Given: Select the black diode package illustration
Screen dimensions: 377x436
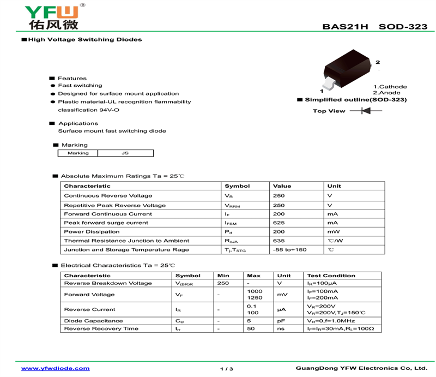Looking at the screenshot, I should click(348, 70).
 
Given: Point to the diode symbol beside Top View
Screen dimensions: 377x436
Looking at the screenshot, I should click(365, 111).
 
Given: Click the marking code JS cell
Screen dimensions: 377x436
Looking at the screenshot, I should click(125, 153).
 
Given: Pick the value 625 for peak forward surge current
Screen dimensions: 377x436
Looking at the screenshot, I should click(279, 223).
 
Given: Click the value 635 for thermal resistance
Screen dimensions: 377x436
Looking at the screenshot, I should click(279, 241).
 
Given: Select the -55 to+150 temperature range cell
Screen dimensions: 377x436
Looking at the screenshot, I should click(289, 249).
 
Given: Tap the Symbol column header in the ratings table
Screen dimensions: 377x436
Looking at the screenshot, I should click(237, 186).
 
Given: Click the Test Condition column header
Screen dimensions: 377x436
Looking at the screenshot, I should click(331, 276).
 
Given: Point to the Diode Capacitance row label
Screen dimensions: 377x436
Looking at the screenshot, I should click(93, 321).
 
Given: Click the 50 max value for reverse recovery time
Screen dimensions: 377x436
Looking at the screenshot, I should click(251, 328).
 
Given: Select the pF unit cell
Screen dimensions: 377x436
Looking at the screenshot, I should click(281, 321).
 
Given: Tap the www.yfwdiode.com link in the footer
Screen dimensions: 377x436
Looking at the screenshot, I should click(55, 369).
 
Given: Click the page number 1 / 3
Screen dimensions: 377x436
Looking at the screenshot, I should click(227, 369).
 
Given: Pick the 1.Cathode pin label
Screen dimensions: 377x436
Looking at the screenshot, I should click(390, 87).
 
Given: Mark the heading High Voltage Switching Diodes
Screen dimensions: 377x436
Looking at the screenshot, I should click(84, 40).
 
